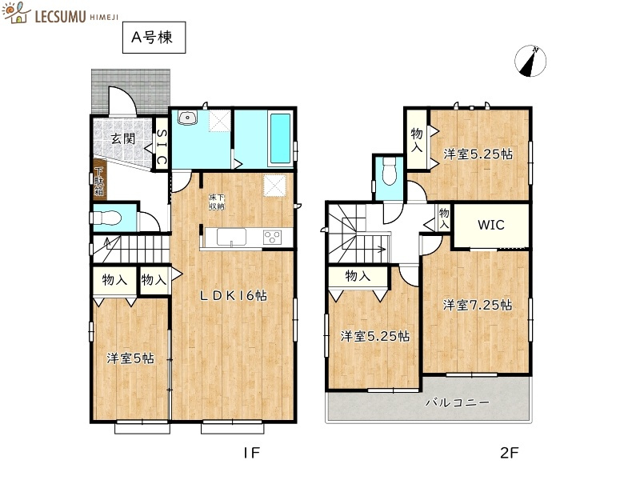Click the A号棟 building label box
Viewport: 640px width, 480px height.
pos(154,37)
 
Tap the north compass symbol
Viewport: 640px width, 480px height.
pos(530,62)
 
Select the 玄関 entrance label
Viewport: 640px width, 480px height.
pos(122,138)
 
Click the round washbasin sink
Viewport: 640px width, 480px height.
pos(188,118)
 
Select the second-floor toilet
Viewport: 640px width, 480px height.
pos(390,171)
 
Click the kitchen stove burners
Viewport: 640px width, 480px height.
pos(272,237)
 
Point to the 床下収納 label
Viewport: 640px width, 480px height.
pos(218,201)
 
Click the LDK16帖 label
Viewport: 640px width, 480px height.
pos(233,295)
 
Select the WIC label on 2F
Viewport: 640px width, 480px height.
pos(491,225)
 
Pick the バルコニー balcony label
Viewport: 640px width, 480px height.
pos(456,402)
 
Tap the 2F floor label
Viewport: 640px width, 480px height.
pos(510,453)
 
